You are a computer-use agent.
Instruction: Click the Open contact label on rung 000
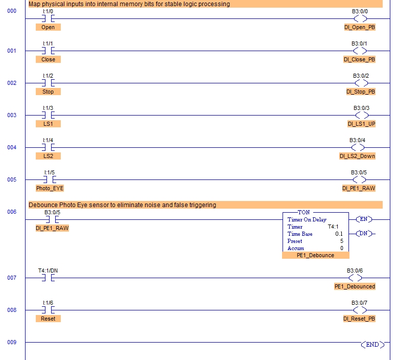pos(48,27)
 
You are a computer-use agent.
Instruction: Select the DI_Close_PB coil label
pos(359,59)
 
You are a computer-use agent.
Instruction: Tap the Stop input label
pos(48,92)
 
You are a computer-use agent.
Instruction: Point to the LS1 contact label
pos(48,124)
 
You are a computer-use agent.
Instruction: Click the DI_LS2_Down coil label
pos(357,156)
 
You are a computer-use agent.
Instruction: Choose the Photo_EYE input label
pos(50,188)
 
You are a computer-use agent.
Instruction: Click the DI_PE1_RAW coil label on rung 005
pos(359,188)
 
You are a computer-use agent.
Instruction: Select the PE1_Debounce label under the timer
pos(315,255)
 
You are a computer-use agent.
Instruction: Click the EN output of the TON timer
pos(364,219)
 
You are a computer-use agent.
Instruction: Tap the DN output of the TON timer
pos(364,234)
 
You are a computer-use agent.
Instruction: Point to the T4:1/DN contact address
pos(48,270)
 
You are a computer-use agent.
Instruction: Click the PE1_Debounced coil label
pos(355,286)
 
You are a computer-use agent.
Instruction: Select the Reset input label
pos(48,319)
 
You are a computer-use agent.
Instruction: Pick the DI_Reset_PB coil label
pos(359,319)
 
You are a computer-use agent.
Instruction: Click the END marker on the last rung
pos(372,345)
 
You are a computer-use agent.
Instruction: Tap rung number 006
pos(12,212)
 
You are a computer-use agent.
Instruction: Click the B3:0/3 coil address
pos(361,108)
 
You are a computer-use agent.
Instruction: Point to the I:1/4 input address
pos(48,140)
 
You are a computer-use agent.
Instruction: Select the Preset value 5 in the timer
pos(342,241)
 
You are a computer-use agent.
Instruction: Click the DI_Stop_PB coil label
pos(360,92)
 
